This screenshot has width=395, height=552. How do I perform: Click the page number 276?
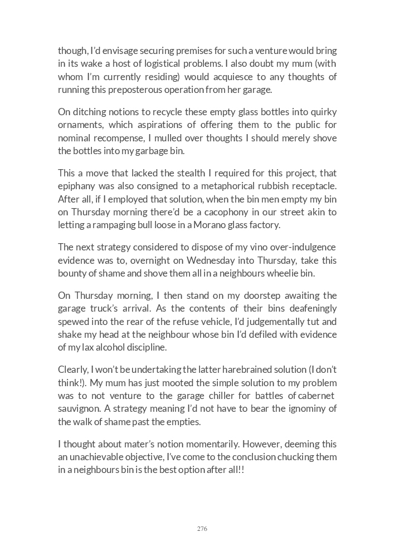[x=202, y=529]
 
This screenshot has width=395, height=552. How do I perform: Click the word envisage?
[x=125, y=51]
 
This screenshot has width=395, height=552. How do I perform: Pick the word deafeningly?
[x=307, y=308]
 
